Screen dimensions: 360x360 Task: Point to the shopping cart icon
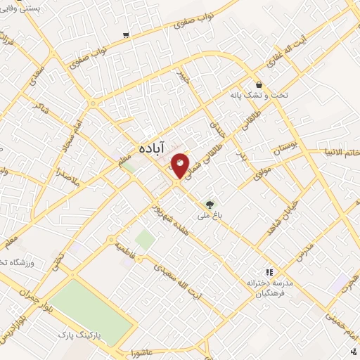[126, 34]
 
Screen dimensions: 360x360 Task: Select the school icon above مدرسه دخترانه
[268, 271]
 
